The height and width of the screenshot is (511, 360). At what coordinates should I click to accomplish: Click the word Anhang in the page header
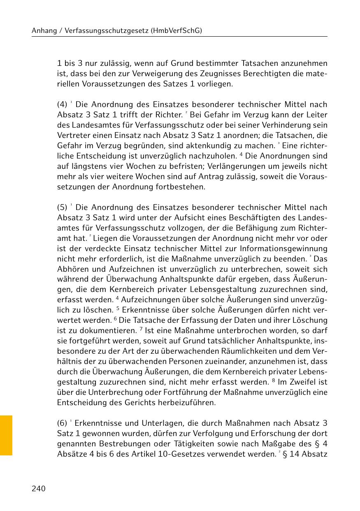(44, 31)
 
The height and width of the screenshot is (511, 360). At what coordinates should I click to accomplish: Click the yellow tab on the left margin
(6, 435)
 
